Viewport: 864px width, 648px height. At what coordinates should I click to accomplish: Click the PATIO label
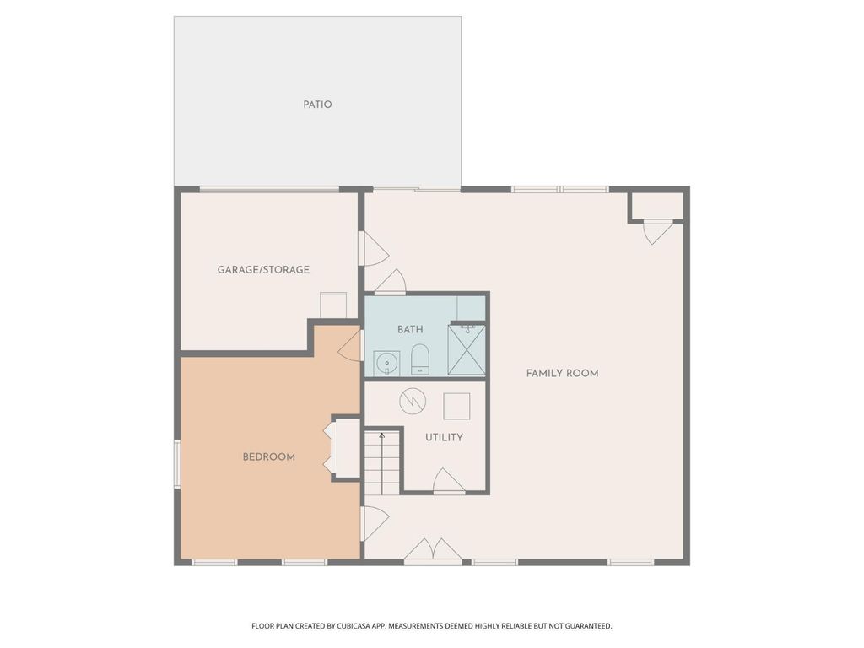pyautogui.click(x=317, y=104)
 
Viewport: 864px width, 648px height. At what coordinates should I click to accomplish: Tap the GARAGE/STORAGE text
pyautogui.click(x=263, y=269)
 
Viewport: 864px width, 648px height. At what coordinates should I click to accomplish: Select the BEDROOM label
pyautogui.click(x=269, y=456)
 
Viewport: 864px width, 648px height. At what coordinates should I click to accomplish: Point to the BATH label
pyautogui.click(x=411, y=330)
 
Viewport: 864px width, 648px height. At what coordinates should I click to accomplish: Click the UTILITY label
pyautogui.click(x=444, y=438)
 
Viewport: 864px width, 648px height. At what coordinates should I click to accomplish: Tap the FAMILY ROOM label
pyautogui.click(x=562, y=374)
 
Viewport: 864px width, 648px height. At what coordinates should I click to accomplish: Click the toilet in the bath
pyautogui.click(x=420, y=359)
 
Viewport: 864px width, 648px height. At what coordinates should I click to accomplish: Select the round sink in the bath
pyautogui.click(x=386, y=363)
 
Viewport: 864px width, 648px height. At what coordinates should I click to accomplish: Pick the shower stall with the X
pyautogui.click(x=467, y=348)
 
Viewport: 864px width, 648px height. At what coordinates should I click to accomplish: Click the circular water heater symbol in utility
pyautogui.click(x=413, y=401)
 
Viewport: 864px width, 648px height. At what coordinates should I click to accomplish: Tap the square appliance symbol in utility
pyautogui.click(x=456, y=407)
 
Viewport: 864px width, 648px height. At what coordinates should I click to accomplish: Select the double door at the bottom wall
pyautogui.click(x=434, y=550)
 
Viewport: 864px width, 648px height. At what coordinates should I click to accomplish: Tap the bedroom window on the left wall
pyautogui.click(x=177, y=463)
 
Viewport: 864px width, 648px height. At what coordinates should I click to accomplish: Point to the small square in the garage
pyautogui.click(x=333, y=305)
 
